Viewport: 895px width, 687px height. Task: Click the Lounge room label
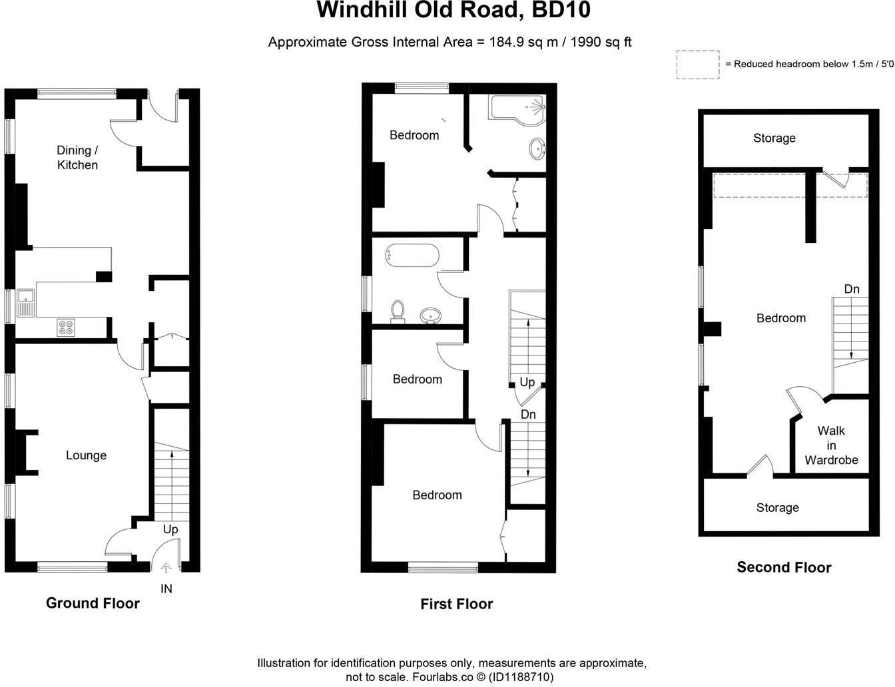pyautogui.click(x=86, y=455)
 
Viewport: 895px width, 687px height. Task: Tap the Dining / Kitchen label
pyautogui.click(x=77, y=158)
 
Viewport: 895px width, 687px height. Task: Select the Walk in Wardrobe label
pyautogui.click(x=831, y=445)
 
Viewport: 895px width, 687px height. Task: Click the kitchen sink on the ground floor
pyautogui.click(x=25, y=303)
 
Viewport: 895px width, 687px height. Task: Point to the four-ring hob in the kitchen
pyautogui.click(x=66, y=328)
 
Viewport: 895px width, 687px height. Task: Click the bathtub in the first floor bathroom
pyautogui.click(x=412, y=256)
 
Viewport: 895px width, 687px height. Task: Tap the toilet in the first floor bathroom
pyautogui.click(x=398, y=312)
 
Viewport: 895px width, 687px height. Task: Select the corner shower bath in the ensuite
pyautogui.click(x=517, y=110)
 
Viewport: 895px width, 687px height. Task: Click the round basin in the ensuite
pyautogui.click(x=537, y=148)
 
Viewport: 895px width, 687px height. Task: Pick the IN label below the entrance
pyautogui.click(x=166, y=589)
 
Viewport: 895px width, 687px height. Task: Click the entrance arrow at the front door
pyautogui.click(x=166, y=568)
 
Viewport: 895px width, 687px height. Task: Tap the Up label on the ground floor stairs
pyautogui.click(x=170, y=529)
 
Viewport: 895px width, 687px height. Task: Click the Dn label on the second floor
pyautogui.click(x=852, y=289)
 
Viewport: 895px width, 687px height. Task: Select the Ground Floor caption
pyautogui.click(x=93, y=603)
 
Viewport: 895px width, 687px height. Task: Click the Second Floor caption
pyautogui.click(x=784, y=567)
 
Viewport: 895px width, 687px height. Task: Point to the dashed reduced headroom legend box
pyautogui.click(x=698, y=65)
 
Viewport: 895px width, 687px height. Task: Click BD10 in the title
pyautogui.click(x=561, y=10)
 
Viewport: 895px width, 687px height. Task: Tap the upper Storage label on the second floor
pyautogui.click(x=774, y=138)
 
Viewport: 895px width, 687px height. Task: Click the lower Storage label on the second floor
pyautogui.click(x=778, y=507)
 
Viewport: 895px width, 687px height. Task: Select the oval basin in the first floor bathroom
pyautogui.click(x=431, y=316)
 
